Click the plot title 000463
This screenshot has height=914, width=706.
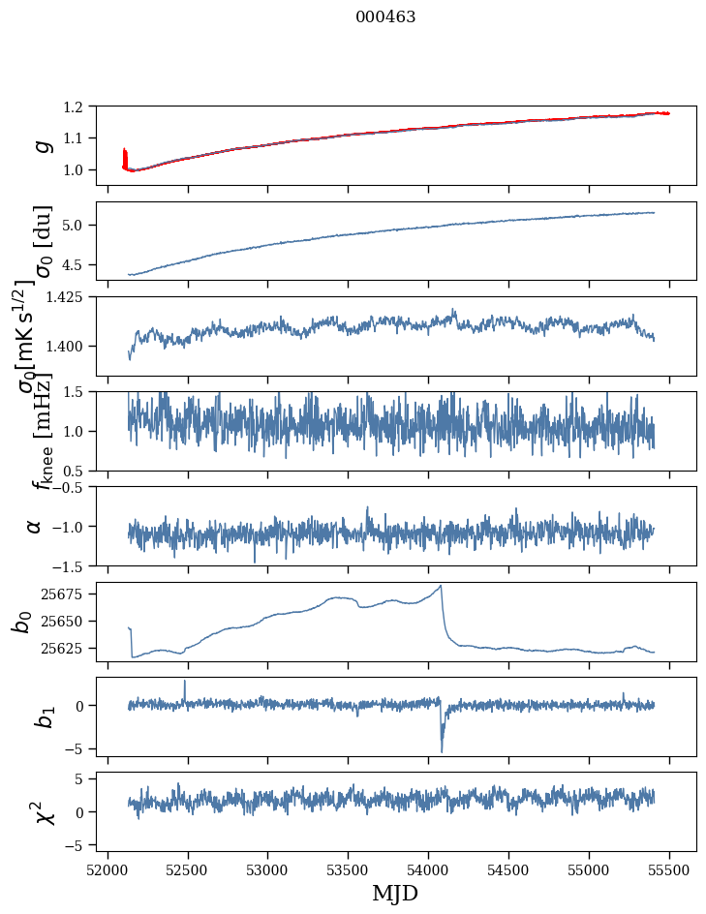tap(385, 17)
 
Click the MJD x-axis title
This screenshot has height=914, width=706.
tap(395, 893)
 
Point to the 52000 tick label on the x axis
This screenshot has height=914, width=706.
tap(107, 870)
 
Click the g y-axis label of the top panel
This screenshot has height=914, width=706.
tap(40, 145)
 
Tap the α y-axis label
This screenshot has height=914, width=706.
tap(35, 526)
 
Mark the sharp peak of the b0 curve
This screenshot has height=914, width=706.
tap(442, 586)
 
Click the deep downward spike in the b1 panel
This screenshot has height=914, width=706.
tap(442, 751)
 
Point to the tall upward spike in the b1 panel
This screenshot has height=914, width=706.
tap(185, 681)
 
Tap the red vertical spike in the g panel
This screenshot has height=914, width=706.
tap(125, 156)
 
